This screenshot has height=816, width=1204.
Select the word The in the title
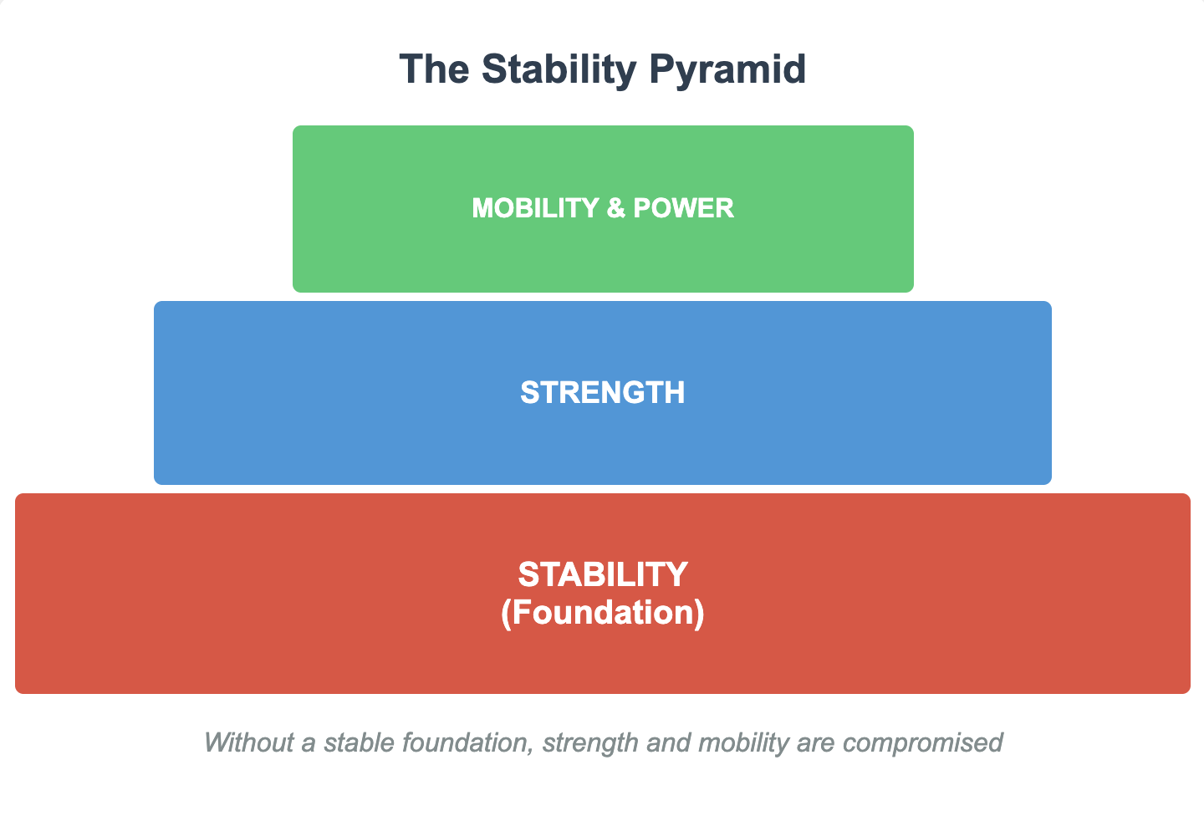[433, 69]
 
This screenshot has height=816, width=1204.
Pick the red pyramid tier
[602, 660]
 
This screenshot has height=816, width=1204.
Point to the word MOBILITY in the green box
[534, 208]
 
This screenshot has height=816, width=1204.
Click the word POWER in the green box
[683, 208]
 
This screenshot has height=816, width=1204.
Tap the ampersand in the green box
[615, 208]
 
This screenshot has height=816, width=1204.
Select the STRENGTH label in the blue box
[602, 393]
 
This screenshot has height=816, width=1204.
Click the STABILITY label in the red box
[602, 575]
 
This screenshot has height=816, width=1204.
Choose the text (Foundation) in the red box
[602, 613]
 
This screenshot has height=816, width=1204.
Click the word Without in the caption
[249, 742]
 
